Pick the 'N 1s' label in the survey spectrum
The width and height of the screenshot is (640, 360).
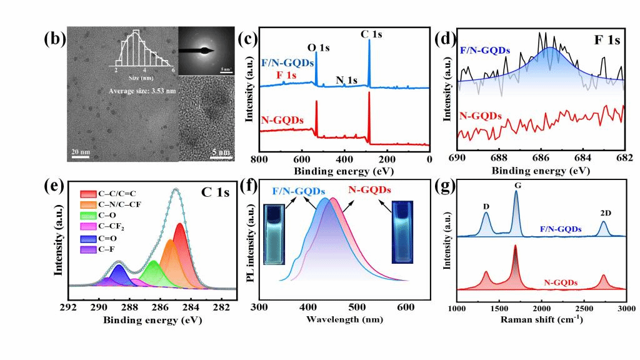tap(347, 80)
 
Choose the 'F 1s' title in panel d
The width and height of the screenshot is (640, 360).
tap(607, 41)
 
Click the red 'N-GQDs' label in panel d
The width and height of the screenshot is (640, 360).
tap(480, 116)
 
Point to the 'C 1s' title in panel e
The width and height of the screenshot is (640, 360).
tap(215, 192)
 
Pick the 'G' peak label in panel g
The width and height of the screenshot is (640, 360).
tap(516, 186)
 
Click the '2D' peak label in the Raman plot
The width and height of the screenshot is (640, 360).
tap(605, 213)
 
